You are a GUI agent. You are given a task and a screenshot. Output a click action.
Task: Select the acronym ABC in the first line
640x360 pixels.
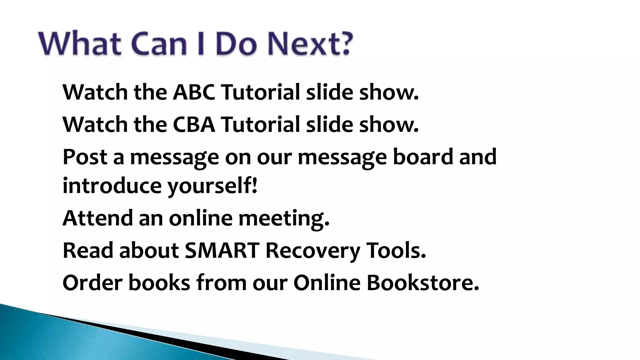pyautogui.click(x=194, y=92)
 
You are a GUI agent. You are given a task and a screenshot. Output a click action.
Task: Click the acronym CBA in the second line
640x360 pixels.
pyautogui.click(x=194, y=124)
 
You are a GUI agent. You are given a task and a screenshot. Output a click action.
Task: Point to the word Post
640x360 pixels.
pyautogui.click(x=85, y=157)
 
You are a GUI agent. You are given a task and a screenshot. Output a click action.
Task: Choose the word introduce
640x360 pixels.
pyautogui.click(x=112, y=185)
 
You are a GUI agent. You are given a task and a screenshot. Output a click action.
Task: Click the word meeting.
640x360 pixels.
pyautogui.click(x=284, y=218)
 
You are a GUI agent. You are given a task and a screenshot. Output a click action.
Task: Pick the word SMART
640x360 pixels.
pyautogui.click(x=222, y=250)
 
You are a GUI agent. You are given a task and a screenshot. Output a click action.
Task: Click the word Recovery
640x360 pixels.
pyautogui.click(x=312, y=251)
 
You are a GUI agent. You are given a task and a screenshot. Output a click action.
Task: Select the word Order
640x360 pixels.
pyautogui.click(x=92, y=282)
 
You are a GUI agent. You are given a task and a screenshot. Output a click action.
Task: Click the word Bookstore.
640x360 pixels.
pyautogui.click(x=422, y=282)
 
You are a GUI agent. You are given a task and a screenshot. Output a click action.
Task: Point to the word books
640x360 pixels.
pyautogui.click(x=159, y=282)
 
